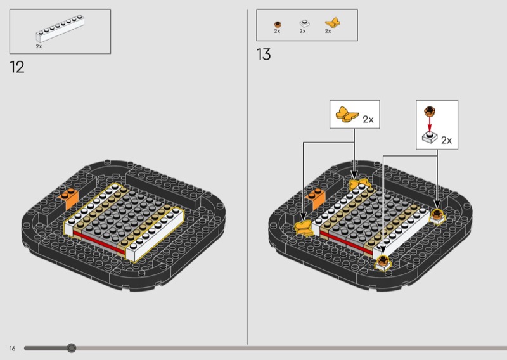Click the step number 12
[x=17, y=67]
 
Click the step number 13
[x=264, y=55]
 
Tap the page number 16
[x=12, y=349]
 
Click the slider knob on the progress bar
[x=72, y=348]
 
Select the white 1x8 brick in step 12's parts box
[x=60, y=29]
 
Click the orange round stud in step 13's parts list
[x=278, y=24]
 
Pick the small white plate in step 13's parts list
[x=304, y=23]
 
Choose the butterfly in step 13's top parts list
[x=332, y=23]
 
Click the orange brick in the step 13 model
[x=316, y=198]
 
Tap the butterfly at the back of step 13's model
[x=360, y=184]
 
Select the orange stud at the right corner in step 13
[x=437, y=215]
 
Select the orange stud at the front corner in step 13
[x=383, y=262]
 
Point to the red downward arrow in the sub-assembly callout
[x=430, y=123]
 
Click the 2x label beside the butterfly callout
[x=368, y=119]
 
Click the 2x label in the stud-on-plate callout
[x=447, y=140]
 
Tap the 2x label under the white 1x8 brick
[x=39, y=46]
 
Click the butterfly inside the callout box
[x=347, y=115]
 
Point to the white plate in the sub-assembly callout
[x=430, y=138]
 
